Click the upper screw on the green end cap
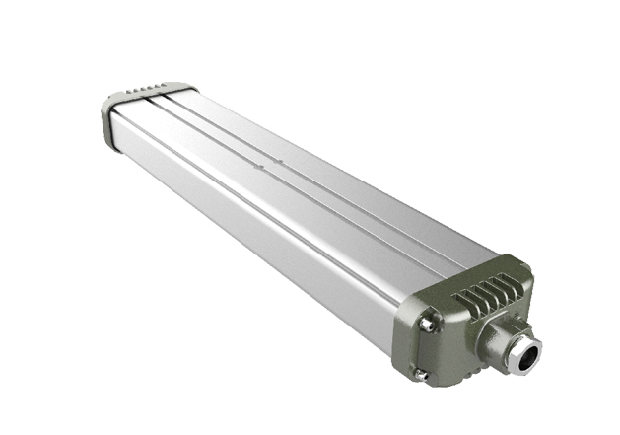(428, 323)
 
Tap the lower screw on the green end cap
(421, 374)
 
